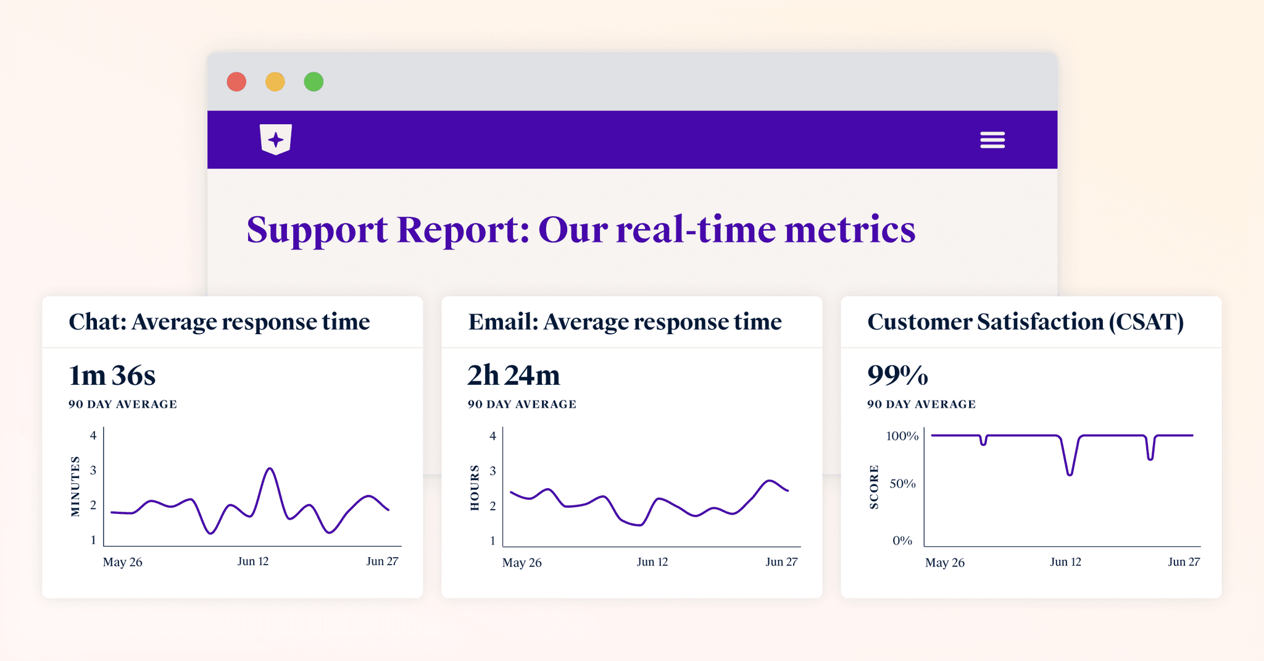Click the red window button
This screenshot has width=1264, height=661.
(x=236, y=82)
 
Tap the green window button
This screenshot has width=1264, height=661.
(x=314, y=82)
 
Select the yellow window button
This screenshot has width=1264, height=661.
(x=275, y=82)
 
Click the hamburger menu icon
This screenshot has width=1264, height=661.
(x=992, y=140)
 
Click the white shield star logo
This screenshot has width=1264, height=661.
(x=276, y=139)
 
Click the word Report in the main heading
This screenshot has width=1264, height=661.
(x=462, y=230)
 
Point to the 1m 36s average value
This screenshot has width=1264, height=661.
(x=112, y=376)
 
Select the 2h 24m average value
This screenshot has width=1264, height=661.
(x=513, y=376)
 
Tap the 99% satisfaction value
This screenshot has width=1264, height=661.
(x=897, y=376)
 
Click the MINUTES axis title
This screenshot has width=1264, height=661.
(x=75, y=486)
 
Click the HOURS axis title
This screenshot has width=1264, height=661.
(x=475, y=488)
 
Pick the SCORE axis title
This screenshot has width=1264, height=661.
(x=874, y=487)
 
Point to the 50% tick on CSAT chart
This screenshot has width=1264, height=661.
(x=902, y=484)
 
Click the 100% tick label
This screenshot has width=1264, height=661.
(x=902, y=436)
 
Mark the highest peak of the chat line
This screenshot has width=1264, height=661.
(x=270, y=469)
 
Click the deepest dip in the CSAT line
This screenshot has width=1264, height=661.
(x=1070, y=474)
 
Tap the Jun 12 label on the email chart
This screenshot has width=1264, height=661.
(x=652, y=562)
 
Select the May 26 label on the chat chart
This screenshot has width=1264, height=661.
(x=122, y=562)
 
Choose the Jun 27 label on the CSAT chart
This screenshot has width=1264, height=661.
(x=1184, y=562)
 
